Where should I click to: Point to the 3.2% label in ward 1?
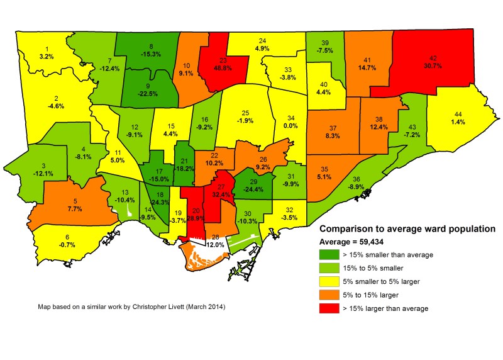47,57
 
